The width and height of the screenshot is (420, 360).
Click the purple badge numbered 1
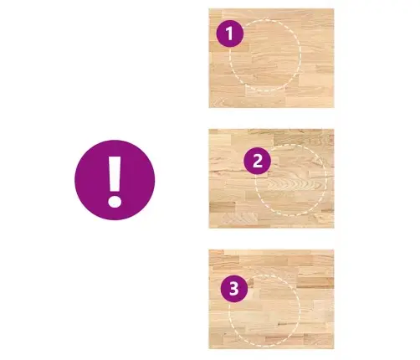tap(230, 33)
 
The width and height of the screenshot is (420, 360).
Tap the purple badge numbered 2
tap(257, 161)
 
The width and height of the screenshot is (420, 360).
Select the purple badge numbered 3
tap(234, 289)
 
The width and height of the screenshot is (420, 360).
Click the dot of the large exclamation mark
tap(115, 201)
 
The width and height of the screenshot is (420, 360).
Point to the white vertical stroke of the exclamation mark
tap(115, 173)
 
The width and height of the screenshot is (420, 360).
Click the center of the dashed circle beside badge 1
tap(265, 54)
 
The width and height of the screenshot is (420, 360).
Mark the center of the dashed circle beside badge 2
tap(291, 180)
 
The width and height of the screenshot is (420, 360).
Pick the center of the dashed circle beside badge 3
tap(264, 310)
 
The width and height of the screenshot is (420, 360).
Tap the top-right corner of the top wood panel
tap(334, 8)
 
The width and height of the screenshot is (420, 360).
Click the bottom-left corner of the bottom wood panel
tap(209, 349)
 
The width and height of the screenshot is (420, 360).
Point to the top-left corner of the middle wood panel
tap(209, 129)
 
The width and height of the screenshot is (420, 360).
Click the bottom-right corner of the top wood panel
tap(334, 108)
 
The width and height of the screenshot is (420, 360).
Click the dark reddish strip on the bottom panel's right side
tap(315, 283)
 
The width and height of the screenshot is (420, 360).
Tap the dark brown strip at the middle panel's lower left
tap(223, 207)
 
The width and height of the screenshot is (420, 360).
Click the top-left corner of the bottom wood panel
tap(209, 249)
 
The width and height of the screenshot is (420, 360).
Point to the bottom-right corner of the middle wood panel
tap(334, 228)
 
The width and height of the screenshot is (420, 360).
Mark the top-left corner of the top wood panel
tap(209, 8)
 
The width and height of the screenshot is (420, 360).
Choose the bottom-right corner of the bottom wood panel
tap(334, 349)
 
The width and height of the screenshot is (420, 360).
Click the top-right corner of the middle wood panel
tap(334, 129)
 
